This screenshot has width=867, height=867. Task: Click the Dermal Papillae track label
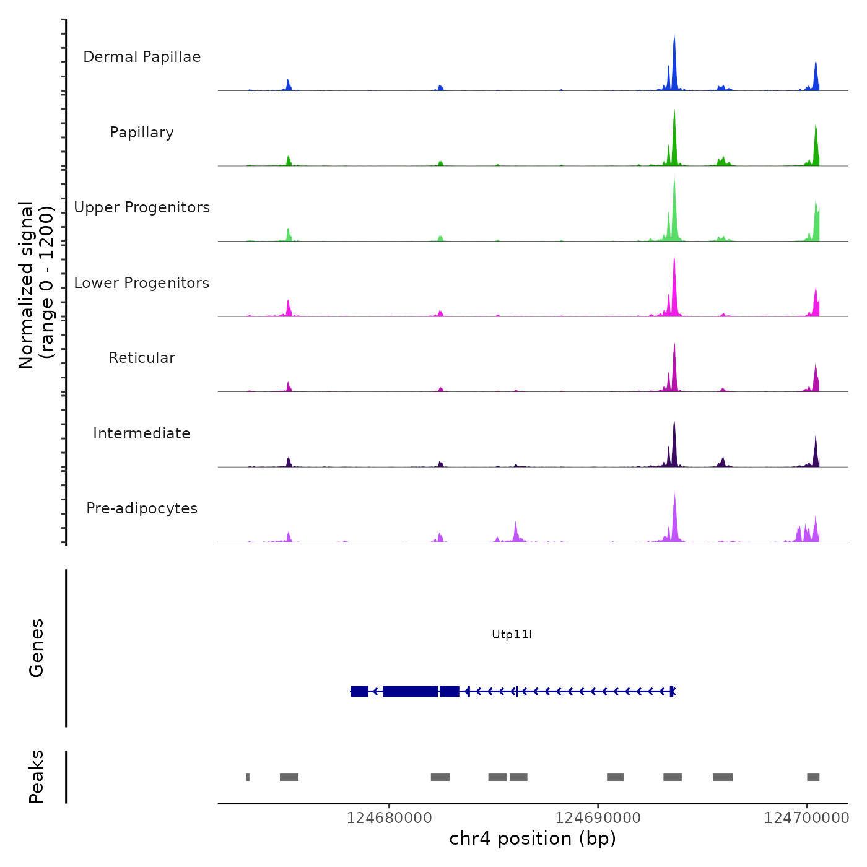click(x=142, y=57)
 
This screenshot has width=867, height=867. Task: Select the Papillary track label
click(x=142, y=133)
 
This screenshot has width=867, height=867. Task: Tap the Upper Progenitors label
click(x=142, y=207)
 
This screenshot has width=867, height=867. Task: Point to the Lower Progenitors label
click(x=142, y=283)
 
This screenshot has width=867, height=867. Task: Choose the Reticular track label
click(x=142, y=358)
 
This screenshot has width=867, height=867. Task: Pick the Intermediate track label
click(x=142, y=434)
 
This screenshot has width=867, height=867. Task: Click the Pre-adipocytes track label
click(x=142, y=508)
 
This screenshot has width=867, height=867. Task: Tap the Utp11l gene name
click(x=512, y=634)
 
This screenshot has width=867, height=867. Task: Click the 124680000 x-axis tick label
click(x=389, y=817)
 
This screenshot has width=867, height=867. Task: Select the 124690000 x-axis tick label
click(x=598, y=817)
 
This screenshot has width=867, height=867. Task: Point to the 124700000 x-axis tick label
click(x=806, y=817)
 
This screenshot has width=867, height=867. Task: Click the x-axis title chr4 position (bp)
click(x=533, y=839)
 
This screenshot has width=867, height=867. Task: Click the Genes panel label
click(x=37, y=647)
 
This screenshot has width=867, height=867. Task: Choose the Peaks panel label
click(x=37, y=777)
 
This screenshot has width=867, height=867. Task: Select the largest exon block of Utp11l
click(x=411, y=691)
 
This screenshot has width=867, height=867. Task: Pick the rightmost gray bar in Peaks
click(x=813, y=777)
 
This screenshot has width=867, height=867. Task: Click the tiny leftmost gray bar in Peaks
click(x=248, y=777)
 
